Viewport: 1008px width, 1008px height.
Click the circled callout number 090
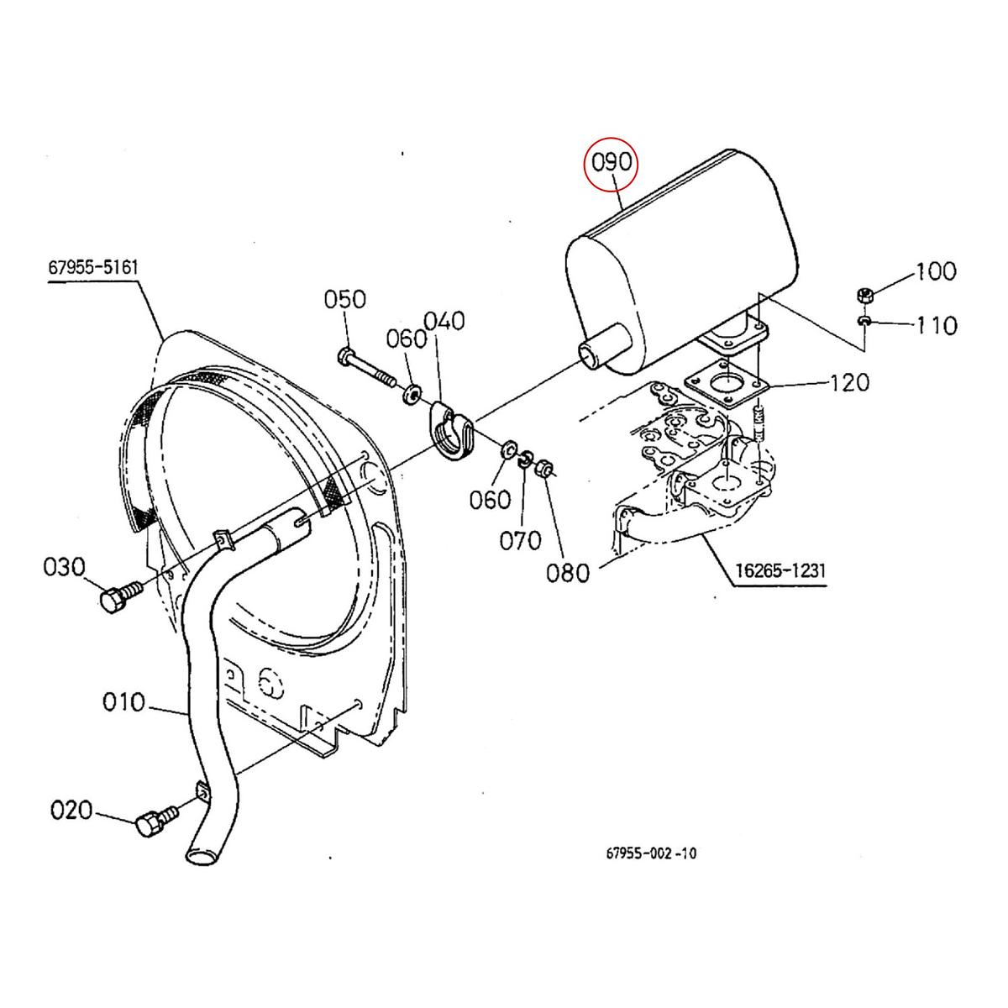pos(612,163)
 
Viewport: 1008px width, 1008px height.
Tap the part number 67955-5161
pos(92,268)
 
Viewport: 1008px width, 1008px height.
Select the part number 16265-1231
pos(781,570)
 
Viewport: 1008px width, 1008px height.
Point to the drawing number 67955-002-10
pos(651,854)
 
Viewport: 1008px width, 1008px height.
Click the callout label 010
pos(123,701)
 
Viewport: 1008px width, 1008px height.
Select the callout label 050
pos(345,300)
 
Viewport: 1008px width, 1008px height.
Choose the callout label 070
pos(521,539)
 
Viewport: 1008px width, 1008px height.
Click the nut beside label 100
pos(865,296)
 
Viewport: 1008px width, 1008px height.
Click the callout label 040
pos(444,321)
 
